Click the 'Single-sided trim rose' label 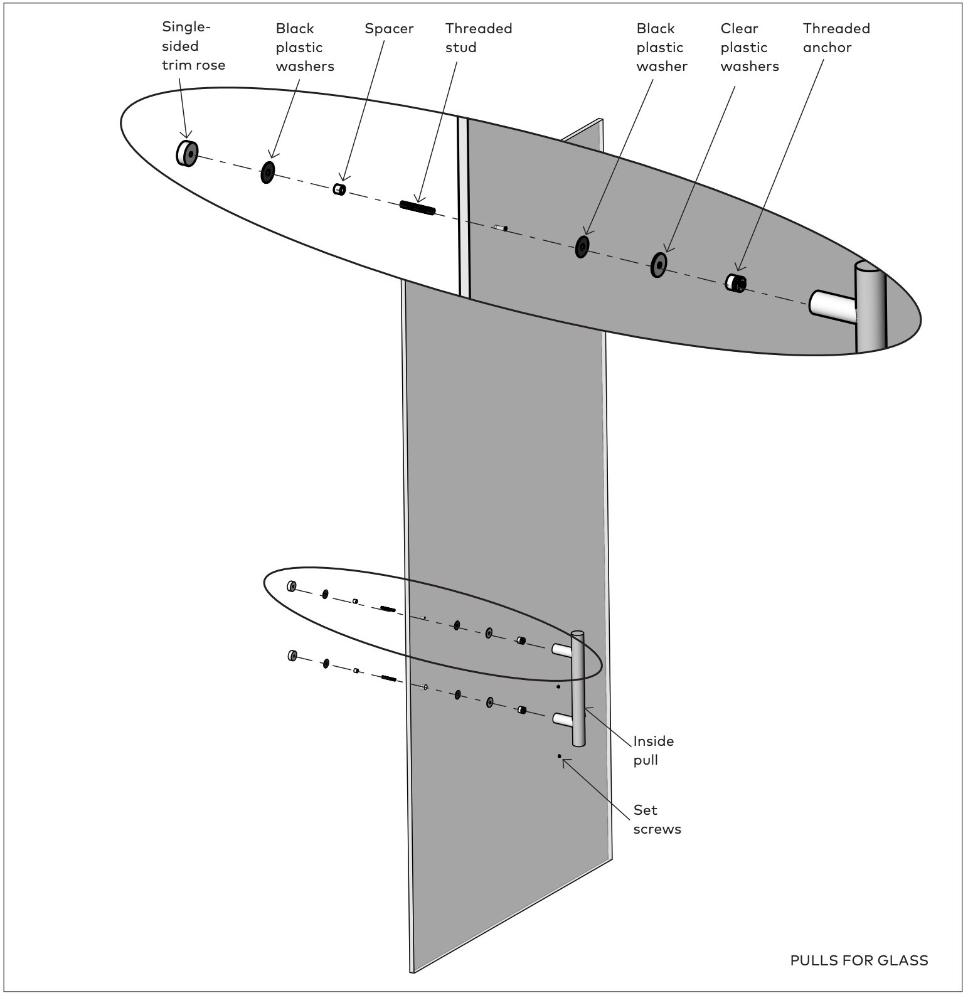coord(193,46)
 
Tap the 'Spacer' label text coord(389,29)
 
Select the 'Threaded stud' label coord(479,38)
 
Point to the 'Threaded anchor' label coord(836,38)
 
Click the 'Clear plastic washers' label coord(749,47)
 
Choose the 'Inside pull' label coord(653,750)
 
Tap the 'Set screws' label coord(656,819)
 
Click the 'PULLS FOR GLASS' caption coord(859,960)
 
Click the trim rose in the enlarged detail coord(187,153)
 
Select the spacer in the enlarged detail coord(339,189)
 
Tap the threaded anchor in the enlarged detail coord(736,283)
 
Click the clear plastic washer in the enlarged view coord(658,265)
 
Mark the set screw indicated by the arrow coord(559,756)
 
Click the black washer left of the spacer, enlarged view coord(268,173)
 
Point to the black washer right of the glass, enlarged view coord(582,247)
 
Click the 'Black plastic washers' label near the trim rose coord(304,47)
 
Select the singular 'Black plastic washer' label coord(661,47)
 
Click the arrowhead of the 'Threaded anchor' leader coord(738,269)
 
